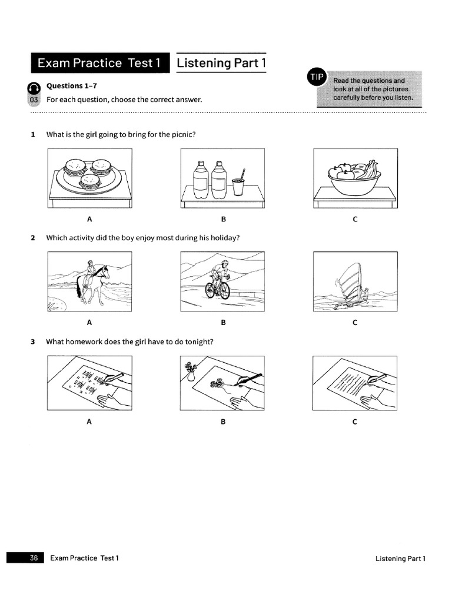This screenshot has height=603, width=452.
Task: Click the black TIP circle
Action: [315, 77]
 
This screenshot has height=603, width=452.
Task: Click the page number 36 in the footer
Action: [34, 558]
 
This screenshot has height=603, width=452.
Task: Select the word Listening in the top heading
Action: [204, 63]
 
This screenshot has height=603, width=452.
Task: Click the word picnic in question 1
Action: [181, 134]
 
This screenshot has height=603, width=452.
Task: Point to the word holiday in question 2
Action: [223, 238]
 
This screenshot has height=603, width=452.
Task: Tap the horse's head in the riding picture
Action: [106, 271]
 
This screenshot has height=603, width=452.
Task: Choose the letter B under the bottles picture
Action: [223, 220]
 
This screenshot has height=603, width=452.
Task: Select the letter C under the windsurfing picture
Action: [355, 323]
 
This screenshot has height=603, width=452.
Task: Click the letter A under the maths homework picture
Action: [89, 422]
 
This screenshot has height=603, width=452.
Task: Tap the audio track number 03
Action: [34, 100]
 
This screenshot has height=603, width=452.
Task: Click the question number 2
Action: [34, 238]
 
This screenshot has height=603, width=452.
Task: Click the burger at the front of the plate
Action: [90, 181]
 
